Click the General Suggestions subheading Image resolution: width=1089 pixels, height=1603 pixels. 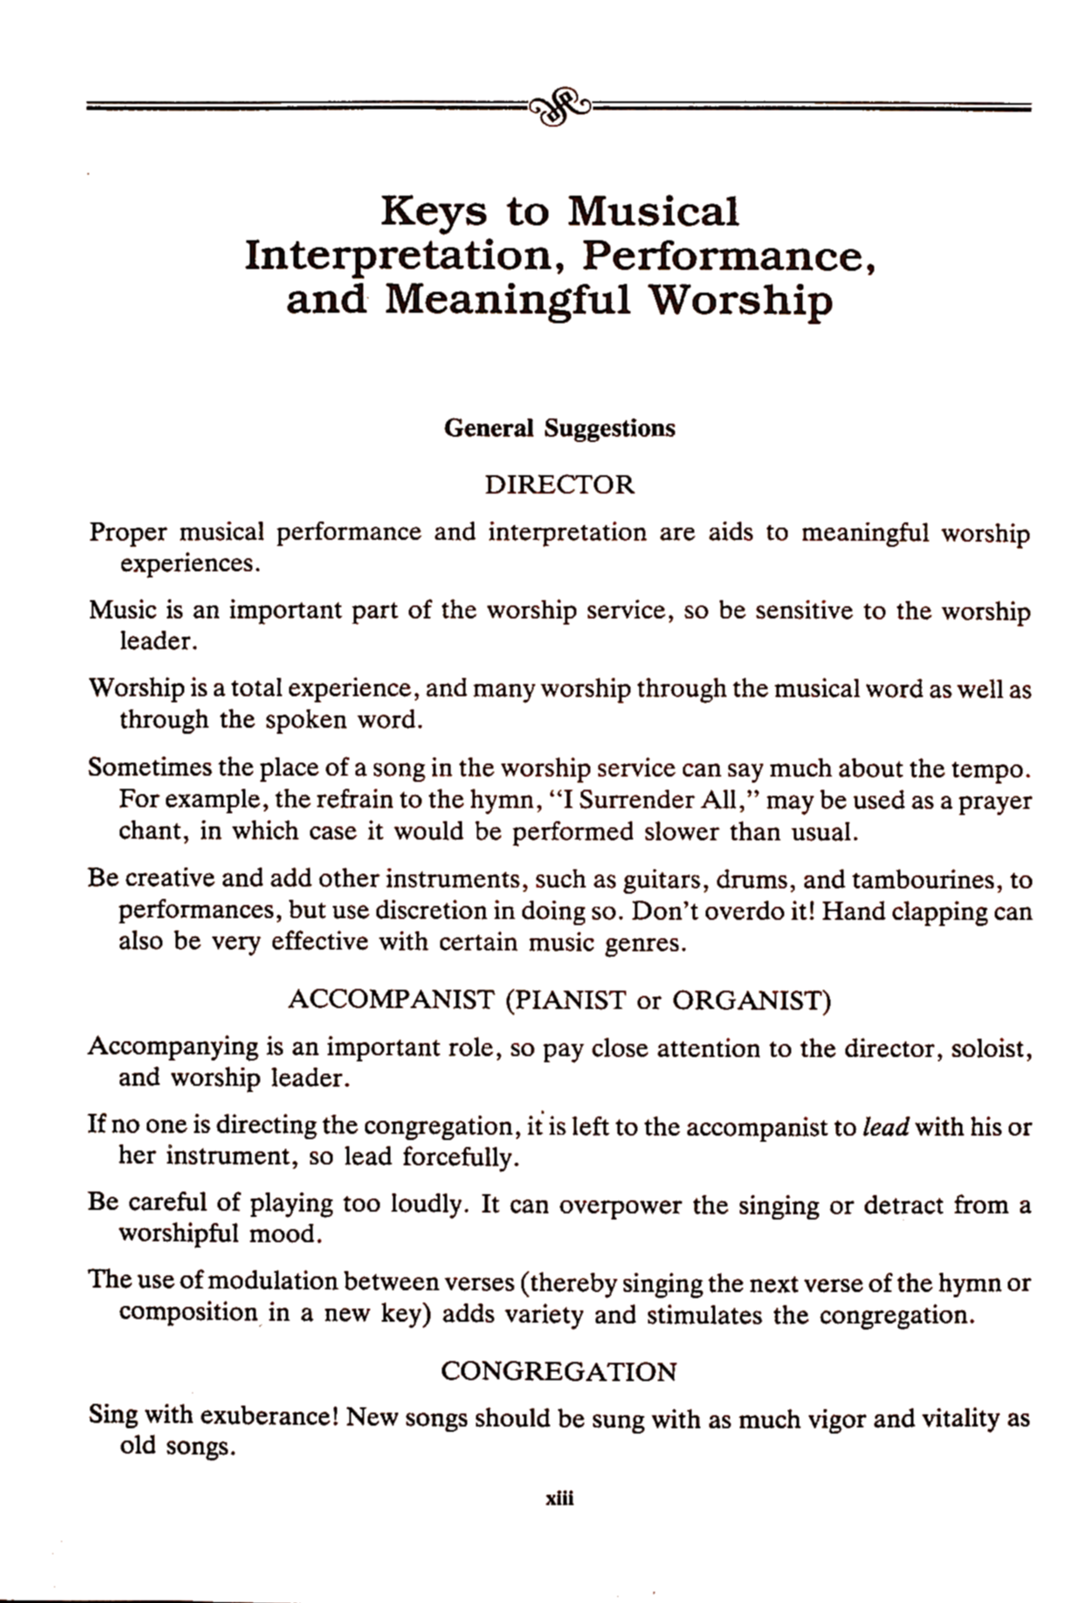(x=560, y=428)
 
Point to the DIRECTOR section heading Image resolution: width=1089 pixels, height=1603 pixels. (x=560, y=485)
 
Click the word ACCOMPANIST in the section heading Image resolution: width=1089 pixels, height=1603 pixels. (x=390, y=999)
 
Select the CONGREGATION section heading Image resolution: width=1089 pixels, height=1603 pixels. (x=559, y=1372)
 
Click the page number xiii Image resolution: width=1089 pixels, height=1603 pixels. (x=560, y=1499)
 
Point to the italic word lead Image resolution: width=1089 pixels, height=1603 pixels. (x=885, y=1127)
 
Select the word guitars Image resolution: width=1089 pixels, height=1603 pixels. (x=644, y=879)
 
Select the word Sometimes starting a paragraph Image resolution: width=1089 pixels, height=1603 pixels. (x=149, y=768)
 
